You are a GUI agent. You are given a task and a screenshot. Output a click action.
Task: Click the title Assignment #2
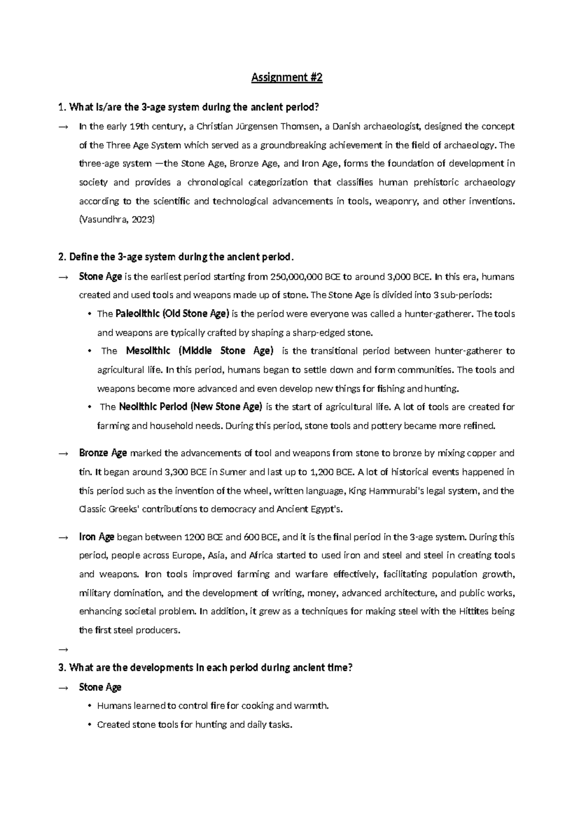[287, 78]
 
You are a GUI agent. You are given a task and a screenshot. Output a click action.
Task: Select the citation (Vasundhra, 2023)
[117, 219]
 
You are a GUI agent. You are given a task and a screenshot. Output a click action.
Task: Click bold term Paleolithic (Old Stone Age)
[173, 314]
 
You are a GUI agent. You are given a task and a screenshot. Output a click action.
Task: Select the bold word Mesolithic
[148, 351]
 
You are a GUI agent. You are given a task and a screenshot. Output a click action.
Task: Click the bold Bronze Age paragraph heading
[103, 453]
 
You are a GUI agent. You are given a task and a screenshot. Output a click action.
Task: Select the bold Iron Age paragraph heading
[96, 537]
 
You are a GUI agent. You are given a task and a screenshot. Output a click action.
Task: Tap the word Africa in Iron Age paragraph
[261, 556]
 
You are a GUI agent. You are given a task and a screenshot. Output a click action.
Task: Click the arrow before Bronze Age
[63, 454]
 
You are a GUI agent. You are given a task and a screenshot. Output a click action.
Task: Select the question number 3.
[61, 668]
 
